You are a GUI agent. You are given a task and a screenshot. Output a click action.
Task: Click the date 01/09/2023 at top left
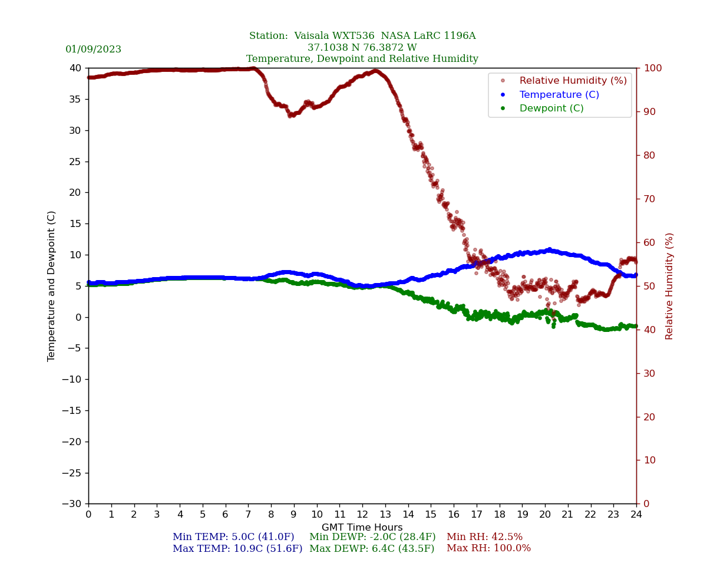click(x=93, y=50)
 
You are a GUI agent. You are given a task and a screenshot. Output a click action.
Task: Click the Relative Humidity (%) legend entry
click(x=573, y=81)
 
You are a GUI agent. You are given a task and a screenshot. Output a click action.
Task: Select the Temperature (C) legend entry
click(x=559, y=95)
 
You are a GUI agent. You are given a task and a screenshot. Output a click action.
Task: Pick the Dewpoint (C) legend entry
click(x=551, y=108)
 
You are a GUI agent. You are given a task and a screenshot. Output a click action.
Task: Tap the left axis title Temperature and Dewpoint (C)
click(x=52, y=286)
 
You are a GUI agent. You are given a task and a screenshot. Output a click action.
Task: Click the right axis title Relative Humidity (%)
click(x=669, y=286)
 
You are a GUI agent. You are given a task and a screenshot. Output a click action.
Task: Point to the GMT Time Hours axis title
click(x=362, y=528)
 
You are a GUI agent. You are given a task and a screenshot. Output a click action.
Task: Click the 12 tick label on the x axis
click(x=362, y=515)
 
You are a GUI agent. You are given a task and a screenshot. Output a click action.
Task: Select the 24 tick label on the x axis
click(x=636, y=515)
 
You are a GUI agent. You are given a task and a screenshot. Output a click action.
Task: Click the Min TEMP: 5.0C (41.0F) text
click(x=233, y=537)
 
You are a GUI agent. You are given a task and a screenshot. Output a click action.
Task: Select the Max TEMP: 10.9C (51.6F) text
click(x=237, y=549)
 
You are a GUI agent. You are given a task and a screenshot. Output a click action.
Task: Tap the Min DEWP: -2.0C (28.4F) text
click(x=372, y=537)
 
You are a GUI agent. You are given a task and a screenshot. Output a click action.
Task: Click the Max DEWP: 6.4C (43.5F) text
click(x=372, y=549)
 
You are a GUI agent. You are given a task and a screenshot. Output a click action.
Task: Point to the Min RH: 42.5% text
click(x=484, y=537)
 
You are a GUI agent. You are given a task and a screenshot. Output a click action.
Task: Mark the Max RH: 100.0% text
click(x=488, y=549)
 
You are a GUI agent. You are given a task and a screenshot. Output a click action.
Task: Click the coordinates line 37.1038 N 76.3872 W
click(x=362, y=48)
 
